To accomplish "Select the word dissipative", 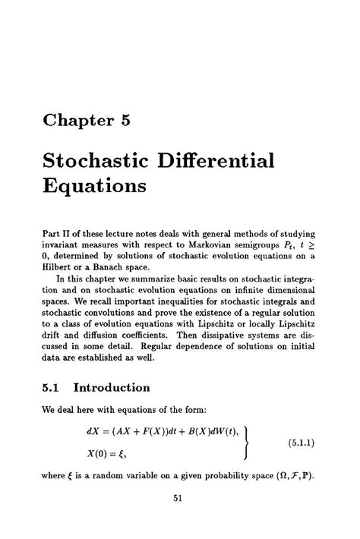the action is (216, 336).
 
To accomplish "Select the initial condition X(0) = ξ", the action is (110, 452).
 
